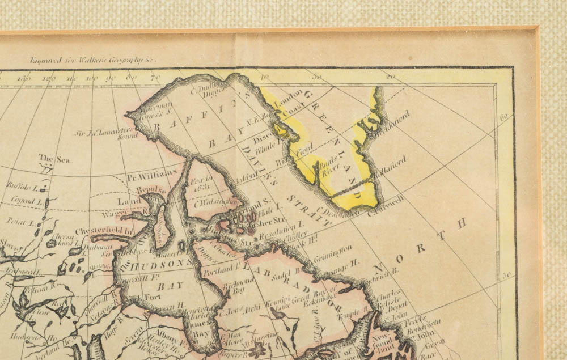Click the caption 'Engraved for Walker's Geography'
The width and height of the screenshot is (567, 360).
click(92, 58)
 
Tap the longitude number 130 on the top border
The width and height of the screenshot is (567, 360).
click(25, 79)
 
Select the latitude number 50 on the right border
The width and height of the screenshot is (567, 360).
click(506, 275)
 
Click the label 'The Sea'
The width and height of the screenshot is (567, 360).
click(54, 159)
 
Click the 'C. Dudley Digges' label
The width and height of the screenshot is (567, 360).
click(206, 92)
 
